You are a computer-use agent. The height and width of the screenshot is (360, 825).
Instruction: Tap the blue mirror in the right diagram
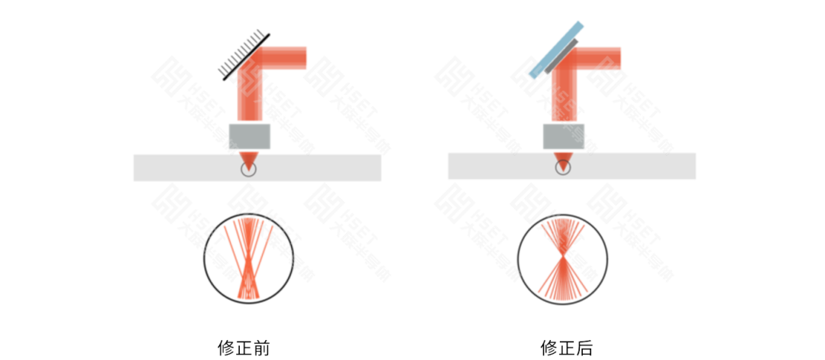(557, 50)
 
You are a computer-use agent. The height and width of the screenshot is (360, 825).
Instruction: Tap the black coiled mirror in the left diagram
(243, 54)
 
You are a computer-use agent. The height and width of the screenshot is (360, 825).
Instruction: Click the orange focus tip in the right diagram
(564, 161)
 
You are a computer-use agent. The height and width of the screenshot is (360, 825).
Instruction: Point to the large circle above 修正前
(248, 259)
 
